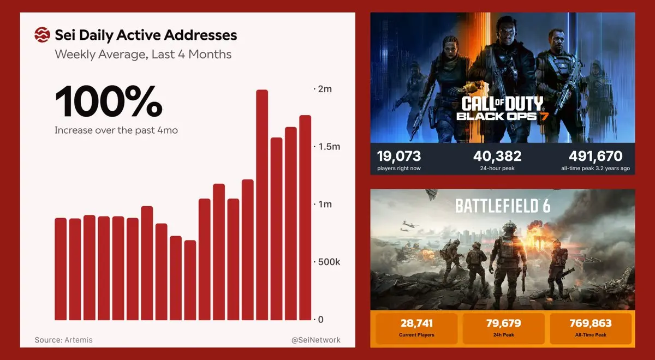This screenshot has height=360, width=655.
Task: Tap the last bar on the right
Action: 305,218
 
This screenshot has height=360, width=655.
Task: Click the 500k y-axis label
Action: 327,262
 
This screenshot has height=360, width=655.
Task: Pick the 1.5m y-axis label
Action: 327,147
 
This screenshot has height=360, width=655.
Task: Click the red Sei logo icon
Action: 42,35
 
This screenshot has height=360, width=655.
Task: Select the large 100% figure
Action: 108,101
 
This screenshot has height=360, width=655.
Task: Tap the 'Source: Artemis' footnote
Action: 64,340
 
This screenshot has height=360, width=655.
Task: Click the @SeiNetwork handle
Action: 316,340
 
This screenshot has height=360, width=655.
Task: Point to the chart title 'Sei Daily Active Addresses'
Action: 146,35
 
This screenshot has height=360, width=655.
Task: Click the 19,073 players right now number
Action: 399,156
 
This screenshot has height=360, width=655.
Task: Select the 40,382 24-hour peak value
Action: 497,156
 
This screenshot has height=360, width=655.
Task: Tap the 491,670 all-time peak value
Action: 599,156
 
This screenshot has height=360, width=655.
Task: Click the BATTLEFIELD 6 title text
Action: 503,206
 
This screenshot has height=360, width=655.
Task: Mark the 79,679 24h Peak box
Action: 503,328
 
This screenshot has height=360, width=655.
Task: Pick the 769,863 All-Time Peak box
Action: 591,328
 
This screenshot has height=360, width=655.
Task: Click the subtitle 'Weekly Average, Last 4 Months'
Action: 143,55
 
